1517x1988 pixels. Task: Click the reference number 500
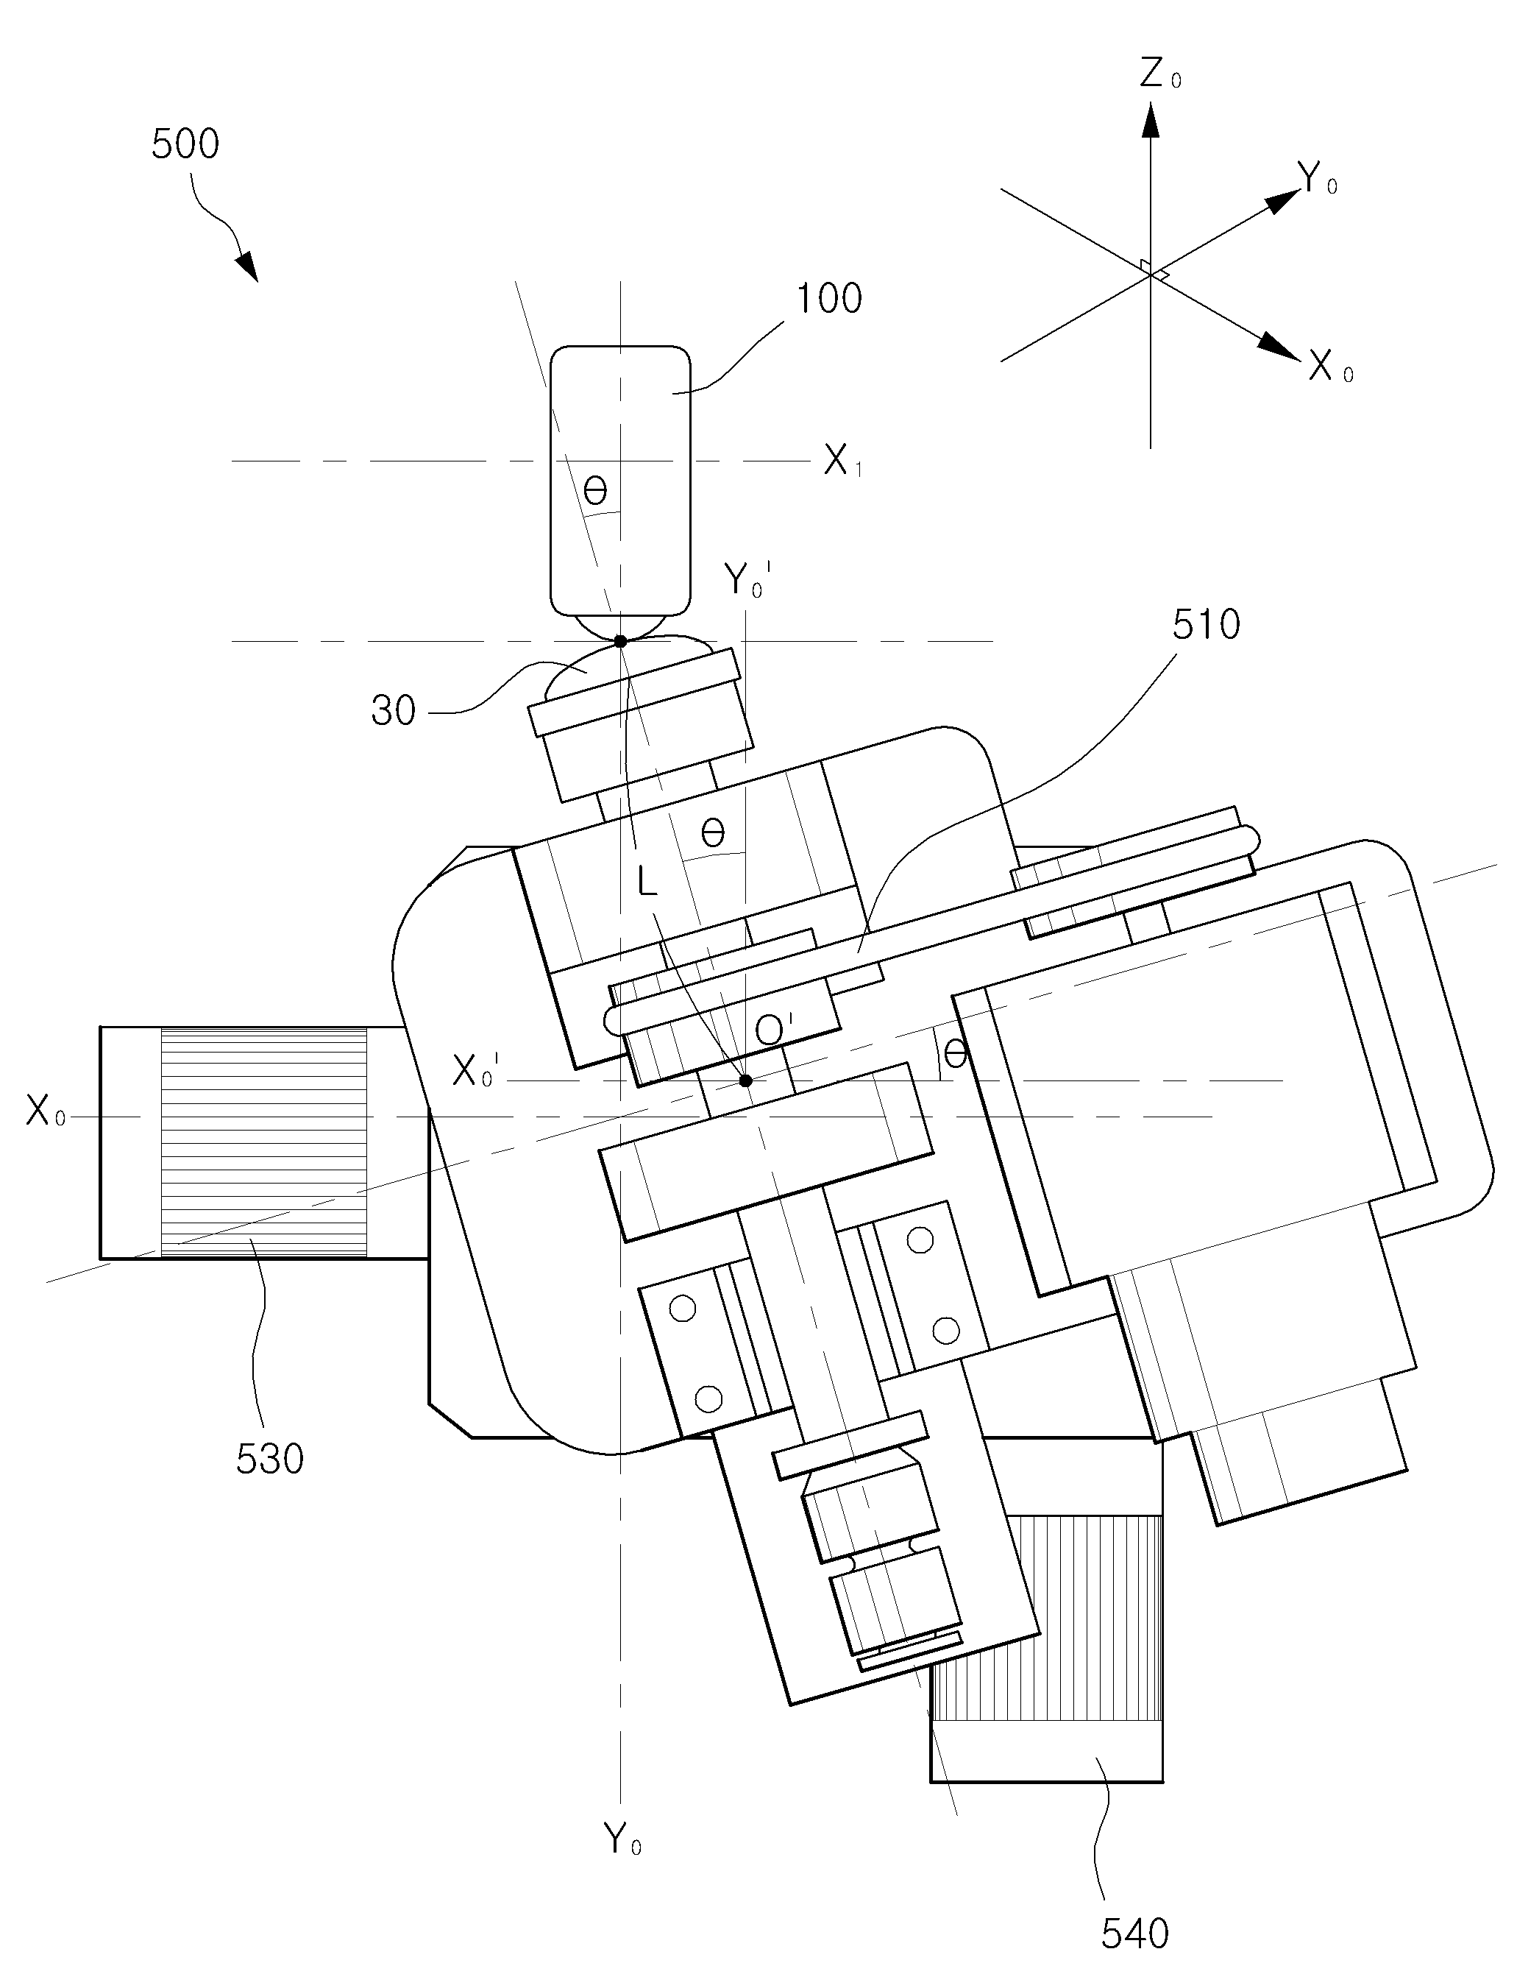185,144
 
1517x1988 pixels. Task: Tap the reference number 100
828,298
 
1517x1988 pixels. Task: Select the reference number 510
1207,624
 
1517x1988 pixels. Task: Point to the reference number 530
270,1458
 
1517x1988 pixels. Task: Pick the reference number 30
394,712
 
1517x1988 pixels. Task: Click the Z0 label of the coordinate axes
1159,74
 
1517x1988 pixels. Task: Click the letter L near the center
647,882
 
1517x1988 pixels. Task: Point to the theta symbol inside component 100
595,492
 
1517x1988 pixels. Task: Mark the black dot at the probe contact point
620,641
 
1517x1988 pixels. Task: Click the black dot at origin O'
746,1080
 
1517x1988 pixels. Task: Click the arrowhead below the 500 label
246,266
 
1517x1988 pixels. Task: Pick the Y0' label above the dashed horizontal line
748,581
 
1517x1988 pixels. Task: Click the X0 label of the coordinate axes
1331,367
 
